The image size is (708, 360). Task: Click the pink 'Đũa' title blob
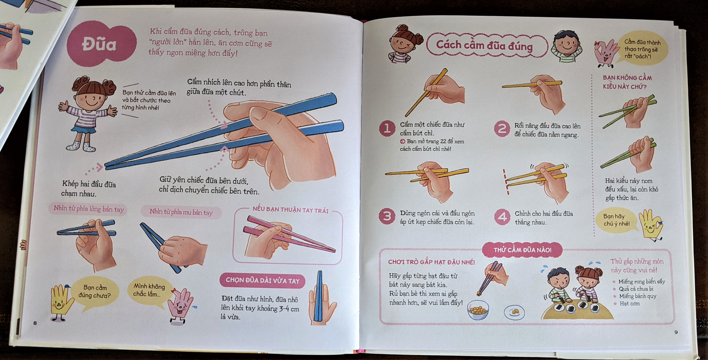pyautogui.click(x=101, y=44)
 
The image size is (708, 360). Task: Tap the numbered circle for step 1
pyautogui.click(x=387, y=128)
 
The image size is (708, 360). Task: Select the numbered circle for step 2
pyautogui.click(x=502, y=129)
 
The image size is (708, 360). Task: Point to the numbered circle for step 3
pyautogui.click(x=387, y=216)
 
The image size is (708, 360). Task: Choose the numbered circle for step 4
pyautogui.click(x=502, y=217)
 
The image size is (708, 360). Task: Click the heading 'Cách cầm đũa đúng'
pyautogui.click(x=485, y=45)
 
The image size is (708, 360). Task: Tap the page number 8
pyautogui.click(x=35, y=323)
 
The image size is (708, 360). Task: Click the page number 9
pyautogui.click(x=676, y=332)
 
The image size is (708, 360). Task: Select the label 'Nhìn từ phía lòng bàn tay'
pyautogui.click(x=88, y=209)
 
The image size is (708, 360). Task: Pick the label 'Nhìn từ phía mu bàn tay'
pyautogui.click(x=181, y=212)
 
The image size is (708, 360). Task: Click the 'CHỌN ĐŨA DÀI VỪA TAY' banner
pyautogui.click(x=262, y=280)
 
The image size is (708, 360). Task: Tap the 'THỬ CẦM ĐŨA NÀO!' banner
pyautogui.click(x=522, y=250)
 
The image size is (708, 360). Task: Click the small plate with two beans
pyautogui.click(x=514, y=312)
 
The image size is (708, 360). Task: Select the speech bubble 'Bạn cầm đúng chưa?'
pyautogui.click(x=95, y=293)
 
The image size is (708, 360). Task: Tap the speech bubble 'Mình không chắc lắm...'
pyautogui.click(x=149, y=291)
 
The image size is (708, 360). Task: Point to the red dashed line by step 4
pyautogui.click(x=506, y=182)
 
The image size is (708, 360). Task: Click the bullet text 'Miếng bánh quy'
pyautogui.click(x=637, y=296)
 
